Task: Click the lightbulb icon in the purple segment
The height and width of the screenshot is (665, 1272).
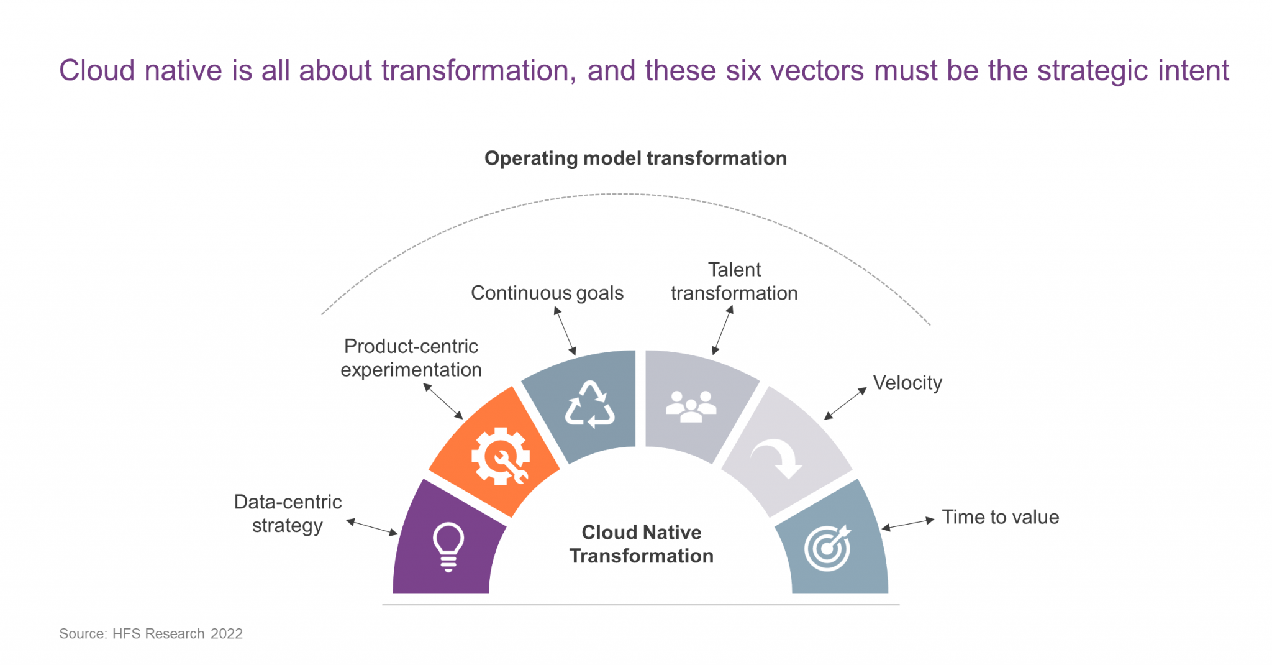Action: [x=448, y=546]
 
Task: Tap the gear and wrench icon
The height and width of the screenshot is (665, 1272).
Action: [x=501, y=456]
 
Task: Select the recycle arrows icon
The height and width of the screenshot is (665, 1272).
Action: [x=589, y=405]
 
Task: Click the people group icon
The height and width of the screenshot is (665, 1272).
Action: [x=691, y=407]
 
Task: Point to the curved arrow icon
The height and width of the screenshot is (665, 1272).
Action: [x=778, y=459]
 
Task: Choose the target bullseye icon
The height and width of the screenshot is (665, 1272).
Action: [x=827, y=548]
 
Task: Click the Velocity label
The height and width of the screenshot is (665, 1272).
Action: [x=907, y=383]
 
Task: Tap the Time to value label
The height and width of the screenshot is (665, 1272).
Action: [x=1000, y=517]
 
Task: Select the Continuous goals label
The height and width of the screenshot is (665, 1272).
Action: [x=547, y=293]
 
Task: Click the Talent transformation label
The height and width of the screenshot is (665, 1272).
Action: [x=734, y=282]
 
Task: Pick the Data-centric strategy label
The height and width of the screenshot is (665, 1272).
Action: [x=288, y=513]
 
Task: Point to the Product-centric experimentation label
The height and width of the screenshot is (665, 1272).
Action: [x=411, y=358]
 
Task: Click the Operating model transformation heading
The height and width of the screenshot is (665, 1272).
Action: [x=635, y=158]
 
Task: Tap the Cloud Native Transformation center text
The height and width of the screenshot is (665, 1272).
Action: [x=641, y=544]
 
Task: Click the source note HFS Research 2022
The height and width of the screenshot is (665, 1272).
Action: [x=151, y=633]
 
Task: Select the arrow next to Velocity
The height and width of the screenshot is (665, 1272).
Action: [x=845, y=403]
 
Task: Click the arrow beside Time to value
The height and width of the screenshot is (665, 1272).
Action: [x=907, y=524]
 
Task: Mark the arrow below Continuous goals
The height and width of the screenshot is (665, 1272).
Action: [x=565, y=331]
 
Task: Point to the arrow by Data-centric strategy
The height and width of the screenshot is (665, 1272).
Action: [x=371, y=527]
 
